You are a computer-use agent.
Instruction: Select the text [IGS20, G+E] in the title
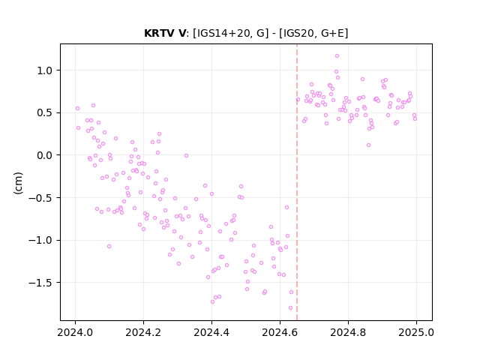click(x=313, y=33)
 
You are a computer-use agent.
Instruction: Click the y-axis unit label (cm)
click(x=18, y=183)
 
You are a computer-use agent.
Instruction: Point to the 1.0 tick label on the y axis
click(x=45, y=70)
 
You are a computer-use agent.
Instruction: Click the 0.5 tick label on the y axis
click(x=45, y=113)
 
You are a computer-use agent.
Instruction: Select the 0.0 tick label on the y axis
click(x=45, y=155)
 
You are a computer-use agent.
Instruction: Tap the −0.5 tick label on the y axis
click(x=41, y=198)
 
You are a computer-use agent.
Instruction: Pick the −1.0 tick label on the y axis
click(x=41, y=241)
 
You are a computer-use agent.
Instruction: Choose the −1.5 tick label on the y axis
click(x=41, y=283)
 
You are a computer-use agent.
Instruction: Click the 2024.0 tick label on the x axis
click(x=75, y=332)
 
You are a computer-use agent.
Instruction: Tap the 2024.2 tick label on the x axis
click(x=143, y=332)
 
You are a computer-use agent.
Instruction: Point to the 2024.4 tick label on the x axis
click(x=211, y=332)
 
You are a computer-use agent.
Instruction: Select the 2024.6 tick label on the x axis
click(x=280, y=332)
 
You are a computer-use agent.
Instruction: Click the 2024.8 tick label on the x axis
click(x=348, y=332)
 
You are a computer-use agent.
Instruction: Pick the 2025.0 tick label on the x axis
click(x=416, y=332)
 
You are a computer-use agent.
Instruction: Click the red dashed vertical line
click(x=297, y=182)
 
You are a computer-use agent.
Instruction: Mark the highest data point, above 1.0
click(x=337, y=56)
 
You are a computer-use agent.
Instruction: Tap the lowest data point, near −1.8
click(x=290, y=308)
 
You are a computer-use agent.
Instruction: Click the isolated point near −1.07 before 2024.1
click(x=109, y=247)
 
